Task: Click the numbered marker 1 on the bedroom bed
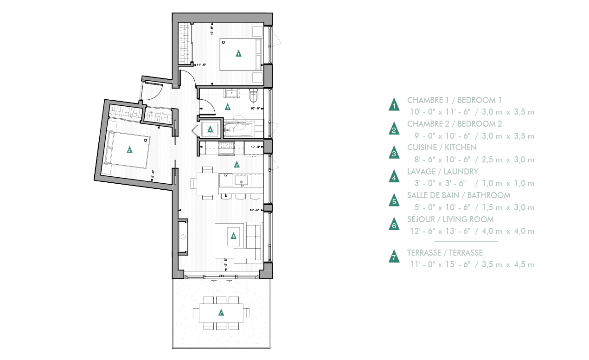pos(238,53)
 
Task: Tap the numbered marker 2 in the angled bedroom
pos(129,149)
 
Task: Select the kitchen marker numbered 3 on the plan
pos(237,164)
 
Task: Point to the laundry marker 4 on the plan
pos(211,129)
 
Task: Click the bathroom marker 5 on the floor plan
pos(227,107)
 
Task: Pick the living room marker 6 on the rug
pos(233,236)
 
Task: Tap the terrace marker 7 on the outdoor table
pos(221,313)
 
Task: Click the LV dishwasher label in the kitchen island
pos(226,176)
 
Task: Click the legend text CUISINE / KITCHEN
pos(442,148)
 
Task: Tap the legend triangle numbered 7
pos(394,257)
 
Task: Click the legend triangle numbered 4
pos(394,176)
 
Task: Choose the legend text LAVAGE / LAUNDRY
pos(442,172)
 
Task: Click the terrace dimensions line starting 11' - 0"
pos(472,265)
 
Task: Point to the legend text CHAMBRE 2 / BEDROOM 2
pos(455,124)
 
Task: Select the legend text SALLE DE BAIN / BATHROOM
pos(459,195)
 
